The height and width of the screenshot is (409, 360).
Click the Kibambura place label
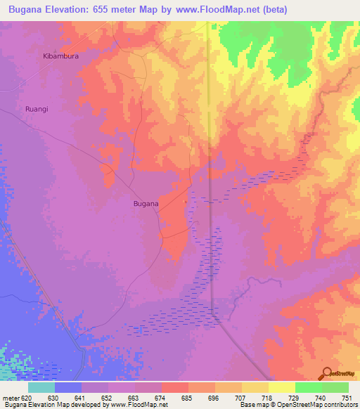(60, 56)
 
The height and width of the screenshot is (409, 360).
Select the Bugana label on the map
(146, 204)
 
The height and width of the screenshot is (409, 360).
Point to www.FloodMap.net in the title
(221, 9)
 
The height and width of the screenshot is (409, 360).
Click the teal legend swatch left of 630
(41, 387)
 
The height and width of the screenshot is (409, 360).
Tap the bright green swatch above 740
(309, 387)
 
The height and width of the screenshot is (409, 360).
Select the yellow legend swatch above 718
(255, 387)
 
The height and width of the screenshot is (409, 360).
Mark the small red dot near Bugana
(186, 202)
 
